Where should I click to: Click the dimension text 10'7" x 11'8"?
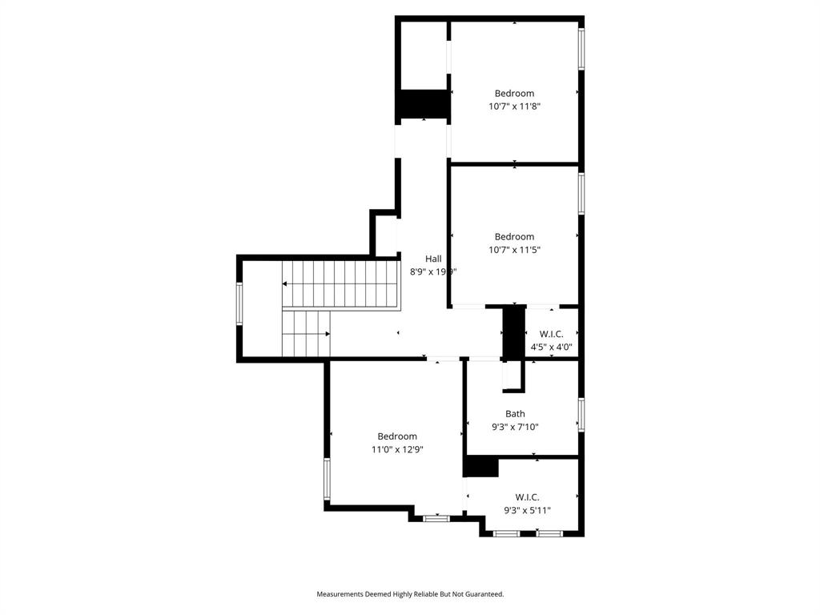[514, 106]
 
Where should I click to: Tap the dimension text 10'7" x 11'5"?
[514, 249]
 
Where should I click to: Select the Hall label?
[433, 259]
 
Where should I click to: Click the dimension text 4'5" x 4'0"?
[552, 347]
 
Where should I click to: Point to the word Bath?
[515, 414]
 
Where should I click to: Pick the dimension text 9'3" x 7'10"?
[515, 427]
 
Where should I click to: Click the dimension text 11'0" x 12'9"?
[397, 449]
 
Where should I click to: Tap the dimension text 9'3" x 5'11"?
[527, 510]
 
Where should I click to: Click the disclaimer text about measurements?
[410, 594]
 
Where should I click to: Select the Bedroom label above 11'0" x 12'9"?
[397, 436]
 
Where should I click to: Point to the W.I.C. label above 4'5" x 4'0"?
[552, 334]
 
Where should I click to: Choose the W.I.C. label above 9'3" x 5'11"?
[527, 497]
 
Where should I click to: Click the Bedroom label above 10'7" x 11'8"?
[514, 93]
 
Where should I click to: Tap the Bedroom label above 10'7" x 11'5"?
[514, 236]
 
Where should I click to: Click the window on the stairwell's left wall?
[239, 305]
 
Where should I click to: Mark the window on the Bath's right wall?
[581, 414]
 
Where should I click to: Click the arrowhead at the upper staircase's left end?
[284, 284]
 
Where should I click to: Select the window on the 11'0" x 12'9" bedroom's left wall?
[327, 479]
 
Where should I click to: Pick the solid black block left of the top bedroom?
[423, 104]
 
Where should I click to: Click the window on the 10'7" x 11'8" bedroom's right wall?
[581, 49]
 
